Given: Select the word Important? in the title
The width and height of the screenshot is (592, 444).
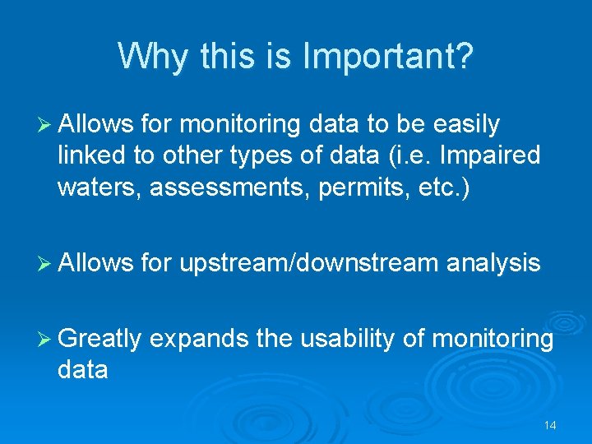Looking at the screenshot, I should tap(389, 56).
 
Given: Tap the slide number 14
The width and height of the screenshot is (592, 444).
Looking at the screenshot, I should tap(550, 425).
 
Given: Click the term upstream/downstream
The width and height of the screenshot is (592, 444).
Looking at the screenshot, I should tap(308, 263).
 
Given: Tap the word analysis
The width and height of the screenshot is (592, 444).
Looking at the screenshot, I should tap(493, 263).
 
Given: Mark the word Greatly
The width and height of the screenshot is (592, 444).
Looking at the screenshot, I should tap(100, 339).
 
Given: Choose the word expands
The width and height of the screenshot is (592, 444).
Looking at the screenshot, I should tap(200, 339).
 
